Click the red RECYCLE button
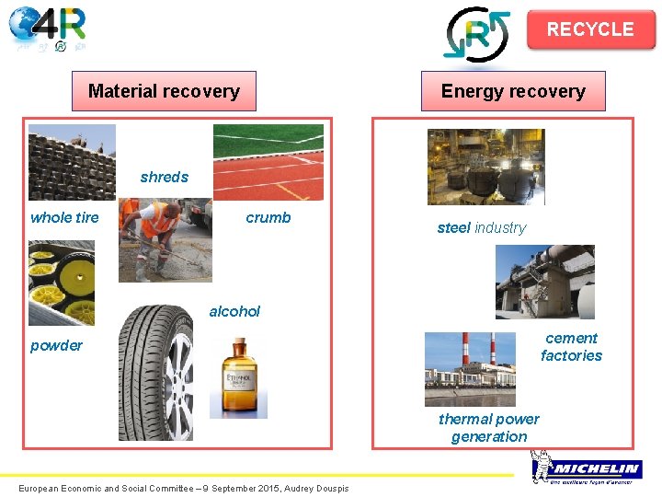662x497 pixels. (590, 29)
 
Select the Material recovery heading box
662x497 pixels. (164, 91)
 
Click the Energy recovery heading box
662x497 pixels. (513, 91)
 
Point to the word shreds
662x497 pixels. (165, 177)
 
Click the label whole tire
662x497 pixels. (64, 217)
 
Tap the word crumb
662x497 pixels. (268, 217)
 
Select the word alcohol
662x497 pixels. (234, 311)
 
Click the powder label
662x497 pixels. (56, 345)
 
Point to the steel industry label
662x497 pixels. (482, 227)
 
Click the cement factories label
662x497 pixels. (571, 347)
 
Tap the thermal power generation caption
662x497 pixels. (489, 428)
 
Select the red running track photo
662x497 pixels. (268, 162)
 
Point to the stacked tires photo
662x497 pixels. (73, 162)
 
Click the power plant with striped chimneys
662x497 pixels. (470, 368)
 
